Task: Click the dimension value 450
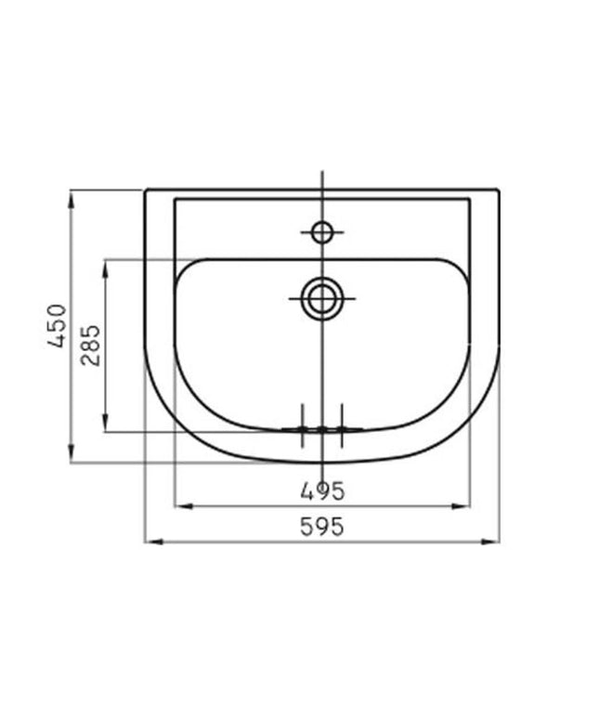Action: pyautogui.click(x=58, y=325)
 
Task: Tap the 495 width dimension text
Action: pyautogui.click(x=322, y=490)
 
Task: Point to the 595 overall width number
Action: pyautogui.click(x=322, y=526)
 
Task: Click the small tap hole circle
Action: pyautogui.click(x=322, y=231)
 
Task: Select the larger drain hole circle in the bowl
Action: pyautogui.click(x=322, y=298)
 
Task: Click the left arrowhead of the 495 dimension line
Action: pyautogui.click(x=181, y=506)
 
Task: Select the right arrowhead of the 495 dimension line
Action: pyautogui.click(x=464, y=506)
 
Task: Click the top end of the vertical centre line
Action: pyautogui.click(x=322, y=173)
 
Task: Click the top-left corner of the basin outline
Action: pyautogui.click(x=146, y=190)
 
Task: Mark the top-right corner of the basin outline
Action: pyautogui.click(x=500, y=190)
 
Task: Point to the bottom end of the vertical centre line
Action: pyautogui.click(x=322, y=476)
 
